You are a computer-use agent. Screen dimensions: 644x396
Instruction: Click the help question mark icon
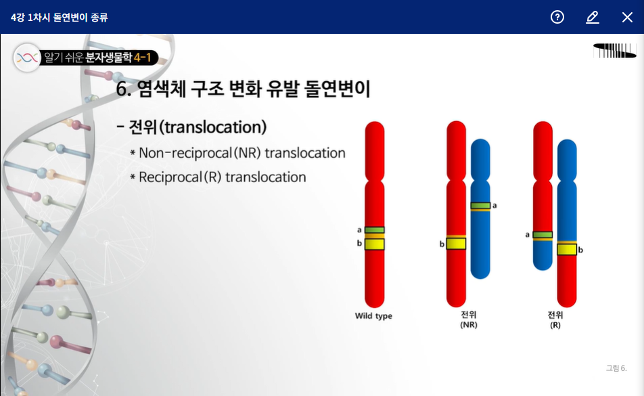(557, 17)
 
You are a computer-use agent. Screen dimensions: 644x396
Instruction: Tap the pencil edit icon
(593, 17)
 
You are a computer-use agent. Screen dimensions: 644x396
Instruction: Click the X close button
(627, 17)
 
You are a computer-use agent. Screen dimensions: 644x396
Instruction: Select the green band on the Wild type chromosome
(375, 230)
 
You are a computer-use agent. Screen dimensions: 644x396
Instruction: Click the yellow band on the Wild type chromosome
(375, 244)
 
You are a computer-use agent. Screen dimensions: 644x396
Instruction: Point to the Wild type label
(373, 316)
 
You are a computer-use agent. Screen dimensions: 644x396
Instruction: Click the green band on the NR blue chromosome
(480, 205)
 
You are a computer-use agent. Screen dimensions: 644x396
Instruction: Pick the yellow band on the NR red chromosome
(457, 244)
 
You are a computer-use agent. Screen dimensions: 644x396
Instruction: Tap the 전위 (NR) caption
(469, 320)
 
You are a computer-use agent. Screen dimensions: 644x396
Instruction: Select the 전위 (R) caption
(555, 320)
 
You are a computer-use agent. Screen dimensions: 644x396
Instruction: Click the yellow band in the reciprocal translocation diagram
(567, 249)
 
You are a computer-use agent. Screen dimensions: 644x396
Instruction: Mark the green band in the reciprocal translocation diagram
(543, 235)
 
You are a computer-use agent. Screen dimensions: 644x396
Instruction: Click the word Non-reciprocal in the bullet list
(185, 153)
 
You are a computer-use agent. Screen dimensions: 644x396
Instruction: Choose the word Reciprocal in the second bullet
(170, 177)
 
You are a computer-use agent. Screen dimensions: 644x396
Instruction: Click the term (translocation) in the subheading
(213, 127)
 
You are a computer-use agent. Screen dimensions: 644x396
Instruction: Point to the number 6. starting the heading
(123, 89)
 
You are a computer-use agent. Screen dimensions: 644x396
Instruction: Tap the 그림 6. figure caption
(616, 368)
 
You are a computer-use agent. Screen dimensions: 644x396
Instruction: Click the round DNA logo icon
(27, 58)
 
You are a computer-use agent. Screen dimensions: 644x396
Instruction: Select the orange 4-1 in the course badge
(143, 58)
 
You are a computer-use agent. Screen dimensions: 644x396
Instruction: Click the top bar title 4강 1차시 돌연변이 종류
(59, 17)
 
